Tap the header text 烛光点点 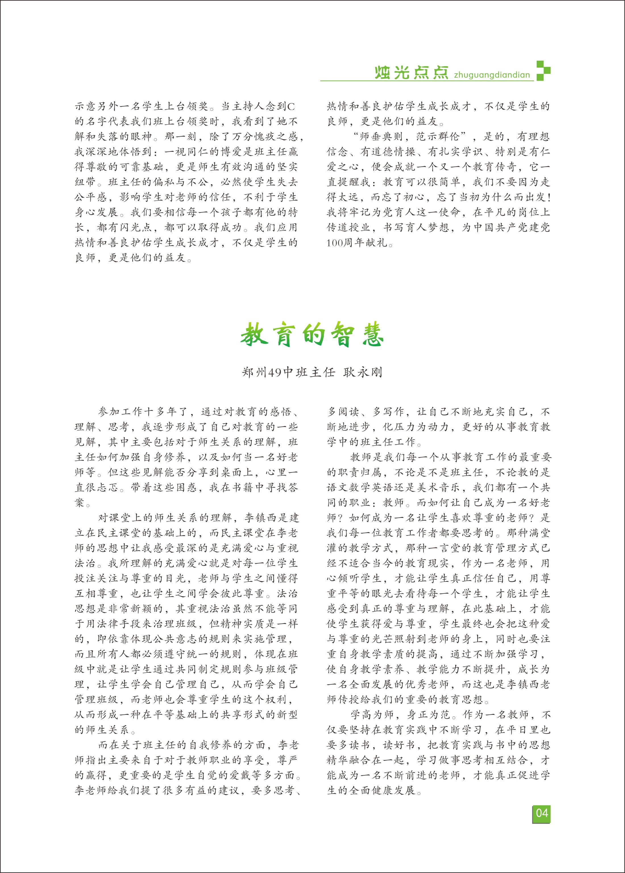(411, 72)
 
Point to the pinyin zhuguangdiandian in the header (492, 75)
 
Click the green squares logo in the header (543, 70)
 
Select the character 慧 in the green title (373, 335)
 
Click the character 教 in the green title (254, 335)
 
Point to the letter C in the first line (291, 107)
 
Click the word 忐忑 (107, 488)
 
